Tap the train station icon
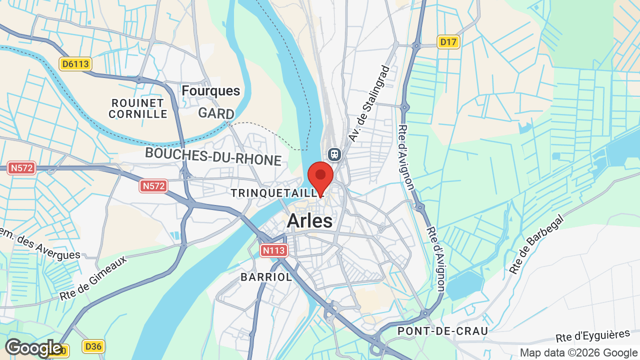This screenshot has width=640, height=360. (334, 154)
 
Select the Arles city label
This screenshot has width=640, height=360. (310, 221)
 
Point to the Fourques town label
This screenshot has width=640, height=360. (211, 91)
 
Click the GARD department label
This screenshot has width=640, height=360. (216, 113)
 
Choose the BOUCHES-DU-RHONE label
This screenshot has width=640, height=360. (213, 156)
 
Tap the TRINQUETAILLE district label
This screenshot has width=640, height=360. (274, 192)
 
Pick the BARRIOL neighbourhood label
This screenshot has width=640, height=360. (266, 277)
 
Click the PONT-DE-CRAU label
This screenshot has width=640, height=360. (443, 331)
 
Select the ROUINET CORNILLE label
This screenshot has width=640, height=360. (138, 108)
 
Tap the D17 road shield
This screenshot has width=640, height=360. (448, 42)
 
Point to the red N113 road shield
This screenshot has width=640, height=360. (274, 250)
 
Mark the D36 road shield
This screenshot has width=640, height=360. (93, 346)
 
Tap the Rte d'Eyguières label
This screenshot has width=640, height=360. (593, 335)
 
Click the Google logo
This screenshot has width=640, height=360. (33, 348)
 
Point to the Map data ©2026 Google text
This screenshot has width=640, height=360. (578, 353)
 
